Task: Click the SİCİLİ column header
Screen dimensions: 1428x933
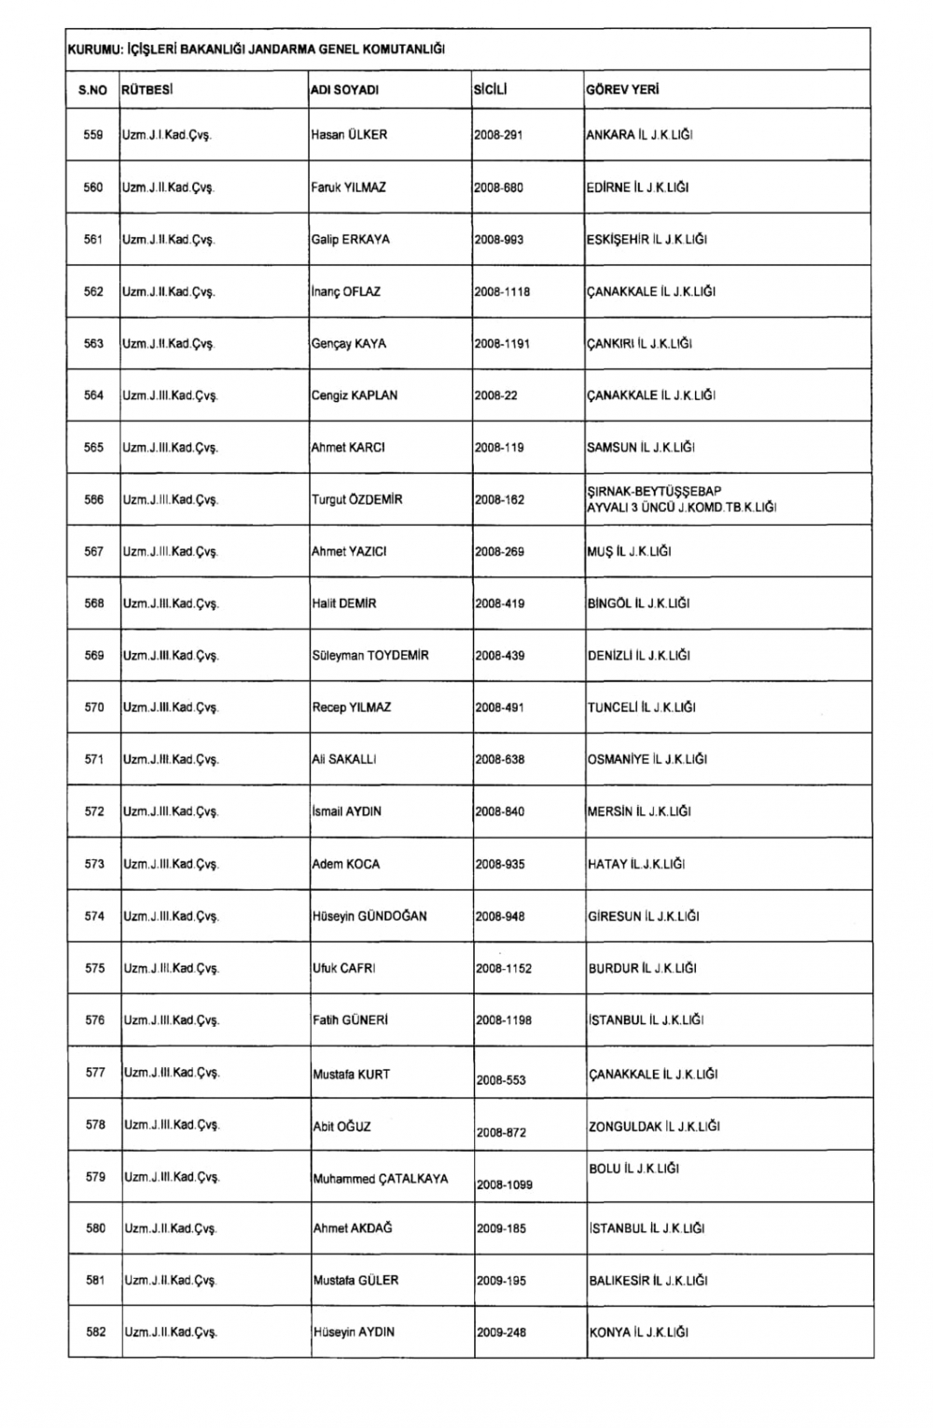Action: [x=489, y=90]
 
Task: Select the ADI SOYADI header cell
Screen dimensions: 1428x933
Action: [x=344, y=90]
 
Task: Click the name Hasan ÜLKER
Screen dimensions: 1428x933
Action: [x=349, y=135]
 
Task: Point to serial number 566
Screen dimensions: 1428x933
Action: [x=93, y=500]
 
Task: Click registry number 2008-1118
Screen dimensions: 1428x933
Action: [x=502, y=292]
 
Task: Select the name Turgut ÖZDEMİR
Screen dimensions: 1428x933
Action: [x=357, y=500]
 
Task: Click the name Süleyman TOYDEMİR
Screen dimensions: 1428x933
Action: [x=370, y=656]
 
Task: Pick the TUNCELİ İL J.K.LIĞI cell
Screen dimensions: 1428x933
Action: [x=642, y=708]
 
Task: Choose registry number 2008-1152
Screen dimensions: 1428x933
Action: [x=504, y=969]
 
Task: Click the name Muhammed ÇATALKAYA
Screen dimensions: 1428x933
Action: [x=381, y=1179]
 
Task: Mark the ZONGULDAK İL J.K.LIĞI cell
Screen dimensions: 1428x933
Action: [x=654, y=1127]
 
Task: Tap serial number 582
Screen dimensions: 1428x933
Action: [x=95, y=1333]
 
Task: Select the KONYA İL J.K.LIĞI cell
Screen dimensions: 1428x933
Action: [x=639, y=1333]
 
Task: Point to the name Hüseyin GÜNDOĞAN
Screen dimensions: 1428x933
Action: [x=369, y=917]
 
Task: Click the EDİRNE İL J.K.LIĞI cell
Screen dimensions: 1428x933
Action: [x=638, y=187]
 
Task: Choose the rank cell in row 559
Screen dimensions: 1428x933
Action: [x=167, y=135]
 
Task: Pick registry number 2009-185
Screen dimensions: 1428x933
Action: [x=501, y=1229]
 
